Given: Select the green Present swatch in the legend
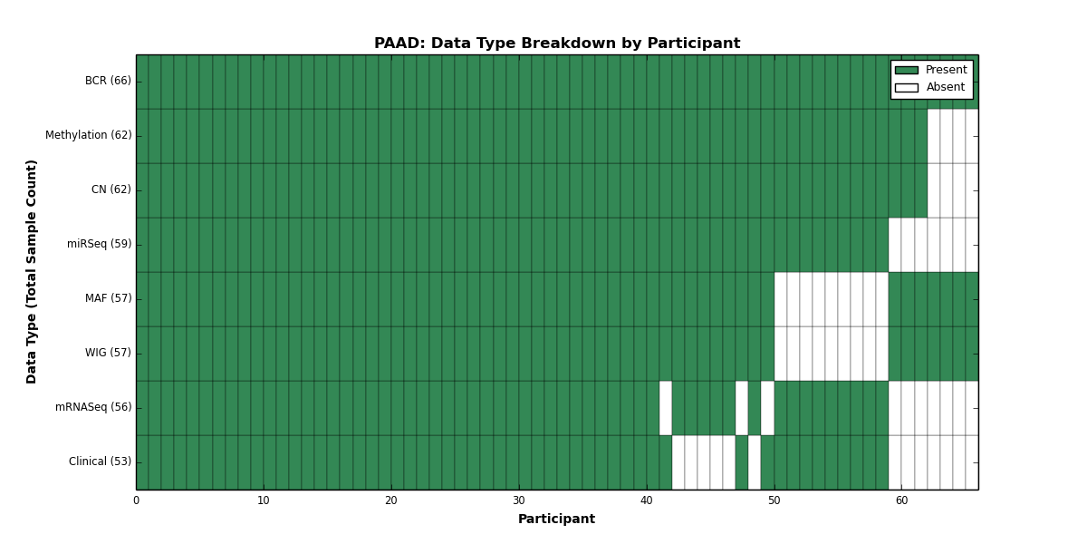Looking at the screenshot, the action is pyautogui.click(x=907, y=71).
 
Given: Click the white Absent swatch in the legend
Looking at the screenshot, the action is pyautogui.click(x=907, y=88).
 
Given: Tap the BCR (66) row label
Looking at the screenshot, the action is pyautogui.click(x=108, y=81).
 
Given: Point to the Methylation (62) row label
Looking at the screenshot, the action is pyautogui.click(x=89, y=135).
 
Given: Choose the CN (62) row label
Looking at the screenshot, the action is pyautogui.click(x=111, y=189).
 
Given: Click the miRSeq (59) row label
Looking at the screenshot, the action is pyautogui.click(x=99, y=244).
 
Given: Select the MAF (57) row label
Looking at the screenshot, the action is pyautogui.click(x=108, y=298).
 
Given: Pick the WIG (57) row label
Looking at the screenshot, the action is pyautogui.click(x=108, y=353).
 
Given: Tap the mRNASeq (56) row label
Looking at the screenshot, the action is pyautogui.click(x=93, y=407).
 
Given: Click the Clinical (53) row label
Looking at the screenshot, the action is pyautogui.click(x=100, y=461).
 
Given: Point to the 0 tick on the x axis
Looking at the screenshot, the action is pyautogui.click(x=137, y=500).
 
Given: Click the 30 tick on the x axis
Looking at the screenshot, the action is pyautogui.click(x=519, y=500).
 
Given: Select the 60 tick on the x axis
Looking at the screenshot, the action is pyautogui.click(x=901, y=500).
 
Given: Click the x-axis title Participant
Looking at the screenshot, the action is pyautogui.click(x=556, y=520).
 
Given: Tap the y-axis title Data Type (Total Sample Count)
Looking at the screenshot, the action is pyautogui.click(x=31, y=272).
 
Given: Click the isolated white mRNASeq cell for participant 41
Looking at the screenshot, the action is pyautogui.click(x=666, y=408).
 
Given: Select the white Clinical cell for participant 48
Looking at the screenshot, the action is pyautogui.click(x=755, y=462).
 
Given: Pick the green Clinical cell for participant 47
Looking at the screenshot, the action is pyautogui.click(x=742, y=462).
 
